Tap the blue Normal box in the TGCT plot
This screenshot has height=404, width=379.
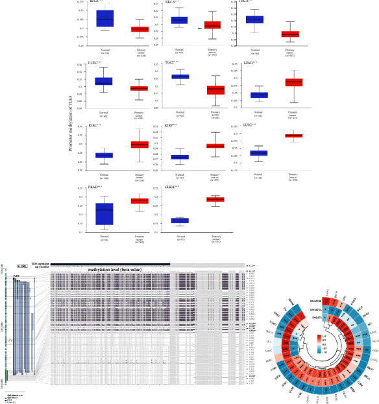pos(179,77)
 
